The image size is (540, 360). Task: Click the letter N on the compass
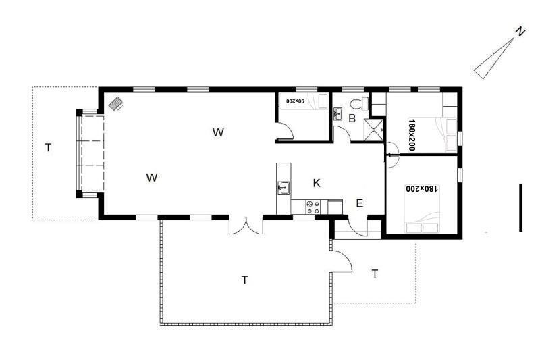click(520, 32)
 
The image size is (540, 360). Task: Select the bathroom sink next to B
click(338, 114)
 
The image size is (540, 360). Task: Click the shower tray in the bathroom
click(374, 130)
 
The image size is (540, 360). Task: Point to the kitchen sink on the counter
click(283, 188)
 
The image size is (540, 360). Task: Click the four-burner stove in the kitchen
click(313, 207)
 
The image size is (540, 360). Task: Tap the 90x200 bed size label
click(296, 101)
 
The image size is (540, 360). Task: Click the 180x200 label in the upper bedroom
click(411, 134)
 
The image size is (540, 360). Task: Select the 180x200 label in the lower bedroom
click(422, 189)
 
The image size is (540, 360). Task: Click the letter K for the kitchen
click(317, 183)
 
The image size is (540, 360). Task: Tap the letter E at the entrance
click(360, 203)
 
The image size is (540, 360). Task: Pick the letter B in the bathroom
click(352, 118)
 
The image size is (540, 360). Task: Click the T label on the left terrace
click(48, 148)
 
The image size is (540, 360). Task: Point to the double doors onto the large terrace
click(246, 226)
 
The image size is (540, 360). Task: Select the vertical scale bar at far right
click(520, 207)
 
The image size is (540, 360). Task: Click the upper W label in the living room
click(218, 132)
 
